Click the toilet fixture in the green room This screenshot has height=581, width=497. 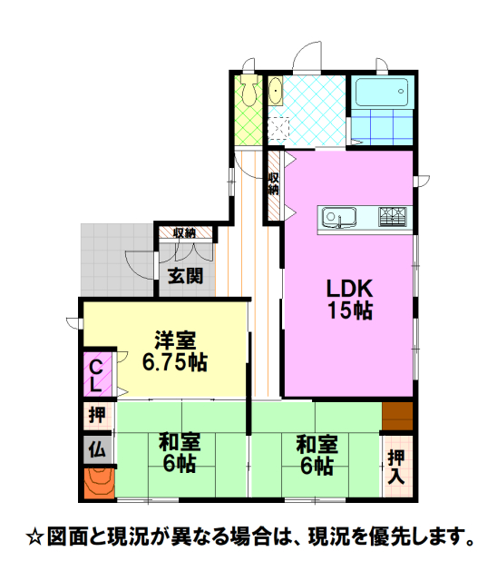click(248, 89)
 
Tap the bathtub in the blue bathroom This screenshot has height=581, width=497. click(382, 93)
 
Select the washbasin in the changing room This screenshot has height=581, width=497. click(275, 91)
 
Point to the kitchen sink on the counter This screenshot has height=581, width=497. click(338, 218)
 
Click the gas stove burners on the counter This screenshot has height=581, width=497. click(393, 217)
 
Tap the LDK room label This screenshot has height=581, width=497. click(350, 289)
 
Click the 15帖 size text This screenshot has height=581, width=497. click(350, 310)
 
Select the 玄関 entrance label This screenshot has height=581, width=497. click(186, 276)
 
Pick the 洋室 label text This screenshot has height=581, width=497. click(175, 340)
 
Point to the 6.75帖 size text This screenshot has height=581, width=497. click(175, 361)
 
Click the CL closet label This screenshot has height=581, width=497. click(96, 376)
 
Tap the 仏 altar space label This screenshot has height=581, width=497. click(97, 449)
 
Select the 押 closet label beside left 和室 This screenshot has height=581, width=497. click(97, 415)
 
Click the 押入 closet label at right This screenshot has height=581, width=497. click(396, 468)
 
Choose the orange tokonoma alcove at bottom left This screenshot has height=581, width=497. click(99, 483)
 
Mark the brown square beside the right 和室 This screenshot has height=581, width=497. click(397, 416)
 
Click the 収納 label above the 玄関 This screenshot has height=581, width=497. click(184, 233)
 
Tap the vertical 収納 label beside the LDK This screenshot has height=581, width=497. click(274, 183)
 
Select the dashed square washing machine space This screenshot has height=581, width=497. click(278, 128)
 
